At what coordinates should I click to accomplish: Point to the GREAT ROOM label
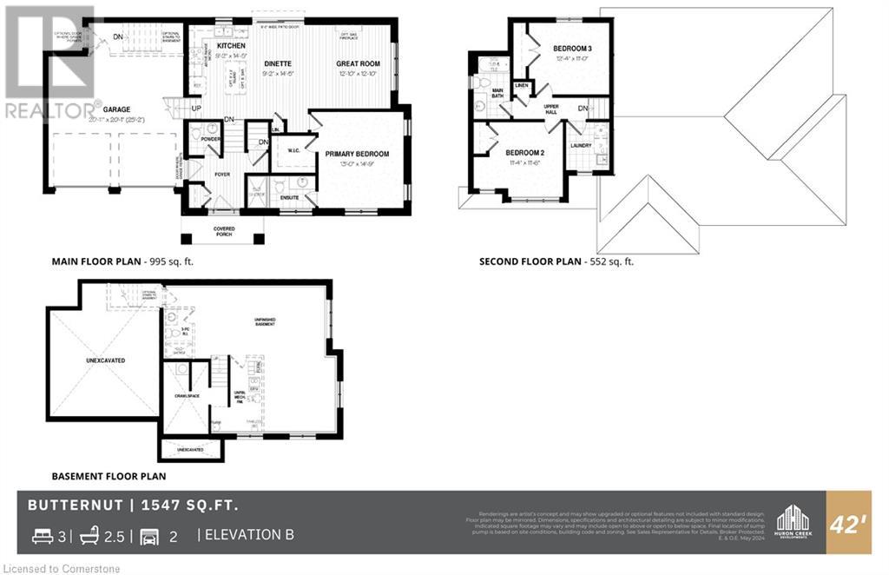[x=359, y=63]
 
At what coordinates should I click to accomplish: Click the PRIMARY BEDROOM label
[x=357, y=154]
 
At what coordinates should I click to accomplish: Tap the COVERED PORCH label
[x=223, y=232]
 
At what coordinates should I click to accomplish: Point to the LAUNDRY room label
[x=581, y=145]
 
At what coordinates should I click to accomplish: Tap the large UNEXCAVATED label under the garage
[x=102, y=358]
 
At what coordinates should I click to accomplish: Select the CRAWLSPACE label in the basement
[x=188, y=395]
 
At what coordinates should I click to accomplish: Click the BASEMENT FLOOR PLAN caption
[x=109, y=476]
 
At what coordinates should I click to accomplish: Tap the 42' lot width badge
[x=847, y=523]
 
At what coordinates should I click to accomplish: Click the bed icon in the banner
[x=42, y=536]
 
